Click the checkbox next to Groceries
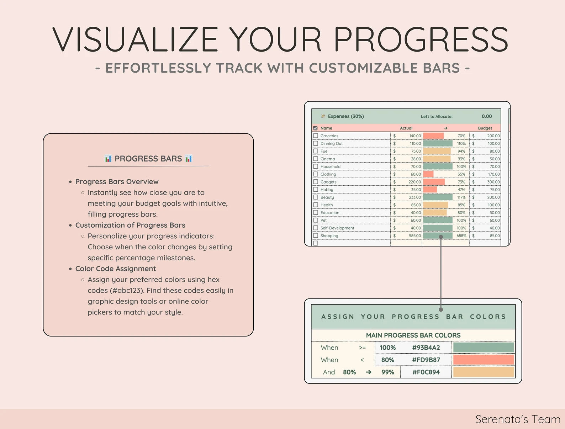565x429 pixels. (x=316, y=136)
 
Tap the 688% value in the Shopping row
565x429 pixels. (x=461, y=236)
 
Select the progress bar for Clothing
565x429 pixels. (x=428, y=174)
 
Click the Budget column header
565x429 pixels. (x=485, y=128)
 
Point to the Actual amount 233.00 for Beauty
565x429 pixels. (x=415, y=197)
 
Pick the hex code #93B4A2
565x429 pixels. (x=426, y=348)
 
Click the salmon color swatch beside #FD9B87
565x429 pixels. (x=484, y=360)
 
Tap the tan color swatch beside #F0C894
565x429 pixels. (x=484, y=372)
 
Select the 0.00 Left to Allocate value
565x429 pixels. (x=487, y=116)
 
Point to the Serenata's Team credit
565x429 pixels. (x=518, y=419)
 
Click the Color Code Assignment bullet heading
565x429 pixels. (x=116, y=269)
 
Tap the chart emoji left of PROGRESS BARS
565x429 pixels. (x=108, y=159)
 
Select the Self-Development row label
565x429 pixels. (x=337, y=228)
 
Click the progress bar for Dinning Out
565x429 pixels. (x=438, y=143)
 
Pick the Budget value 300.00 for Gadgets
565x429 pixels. (x=493, y=182)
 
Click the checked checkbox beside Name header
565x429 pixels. (x=315, y=128)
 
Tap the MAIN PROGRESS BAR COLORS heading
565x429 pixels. (x=413, y=335)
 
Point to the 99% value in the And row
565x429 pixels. (x=388, y=372)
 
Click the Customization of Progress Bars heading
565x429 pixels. (x=130, y=225)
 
